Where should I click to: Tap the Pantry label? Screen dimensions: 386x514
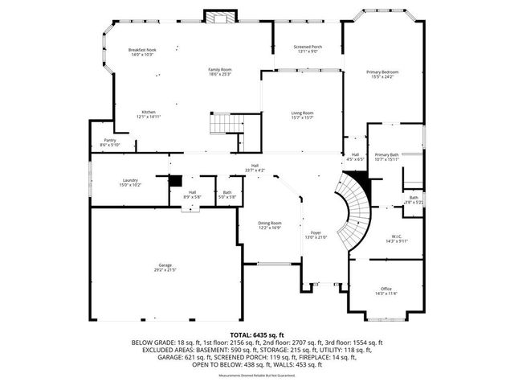[x=110, y=142]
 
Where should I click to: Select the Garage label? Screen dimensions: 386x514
[x=165, y=267]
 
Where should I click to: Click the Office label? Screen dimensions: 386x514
[x=385, y=290]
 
